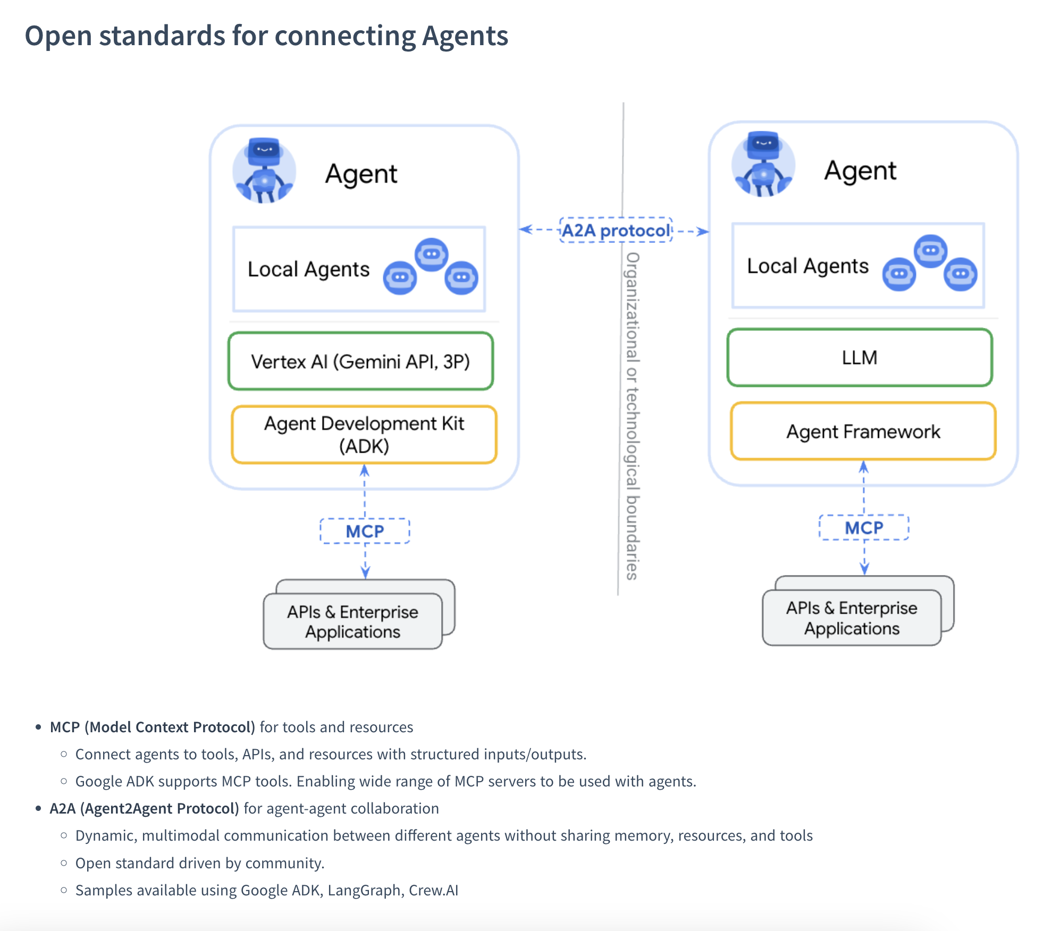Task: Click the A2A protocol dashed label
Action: pos(616,231)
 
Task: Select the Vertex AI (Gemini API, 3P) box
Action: pos(360,361)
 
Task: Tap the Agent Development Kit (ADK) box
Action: pos(364,435)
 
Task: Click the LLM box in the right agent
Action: pos(860,358)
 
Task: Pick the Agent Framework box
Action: pos(863,431)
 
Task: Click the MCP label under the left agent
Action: pos(365,531)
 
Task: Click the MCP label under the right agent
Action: pos(864,528)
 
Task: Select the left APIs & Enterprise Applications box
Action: pos(352,621)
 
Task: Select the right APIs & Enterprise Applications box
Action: pos(852,618)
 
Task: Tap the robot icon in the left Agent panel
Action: pos(264,171)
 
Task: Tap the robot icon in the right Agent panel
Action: pos(763,165)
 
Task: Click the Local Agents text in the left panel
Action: pos(308,269)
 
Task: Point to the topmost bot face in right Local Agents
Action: pos(930,250)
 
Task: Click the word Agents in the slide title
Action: pos(465,36)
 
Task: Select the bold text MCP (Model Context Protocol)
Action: pos(153,727)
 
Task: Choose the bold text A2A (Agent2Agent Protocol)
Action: pos(144,808)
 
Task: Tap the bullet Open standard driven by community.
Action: pos(199,863)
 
